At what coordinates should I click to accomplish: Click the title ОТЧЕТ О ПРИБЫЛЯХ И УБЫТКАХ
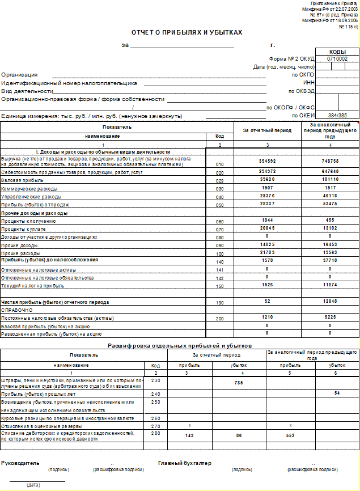click(187, 32)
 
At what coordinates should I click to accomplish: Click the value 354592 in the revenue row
click(268, 162)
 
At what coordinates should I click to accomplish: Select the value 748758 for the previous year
click(331, 162)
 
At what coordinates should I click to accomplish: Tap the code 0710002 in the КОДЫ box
click(337, 58)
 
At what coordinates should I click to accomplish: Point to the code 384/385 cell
click(337, 115)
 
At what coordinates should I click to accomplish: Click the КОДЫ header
click(337, 52)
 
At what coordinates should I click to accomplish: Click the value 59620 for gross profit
click(268, 179)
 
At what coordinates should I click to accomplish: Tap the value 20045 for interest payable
click(268, 228)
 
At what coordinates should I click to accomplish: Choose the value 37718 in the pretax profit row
click(331, 260)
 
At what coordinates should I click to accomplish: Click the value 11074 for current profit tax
click(331, 285)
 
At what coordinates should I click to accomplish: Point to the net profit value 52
click(268, 302)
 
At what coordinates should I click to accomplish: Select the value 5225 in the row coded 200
click(331, 318)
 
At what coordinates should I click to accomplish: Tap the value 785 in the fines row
click(238, 383)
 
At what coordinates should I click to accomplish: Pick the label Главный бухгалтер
click(185, 463)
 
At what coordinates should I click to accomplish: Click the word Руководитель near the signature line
click(19, 463)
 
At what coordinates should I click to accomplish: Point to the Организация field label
click(19, 74)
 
